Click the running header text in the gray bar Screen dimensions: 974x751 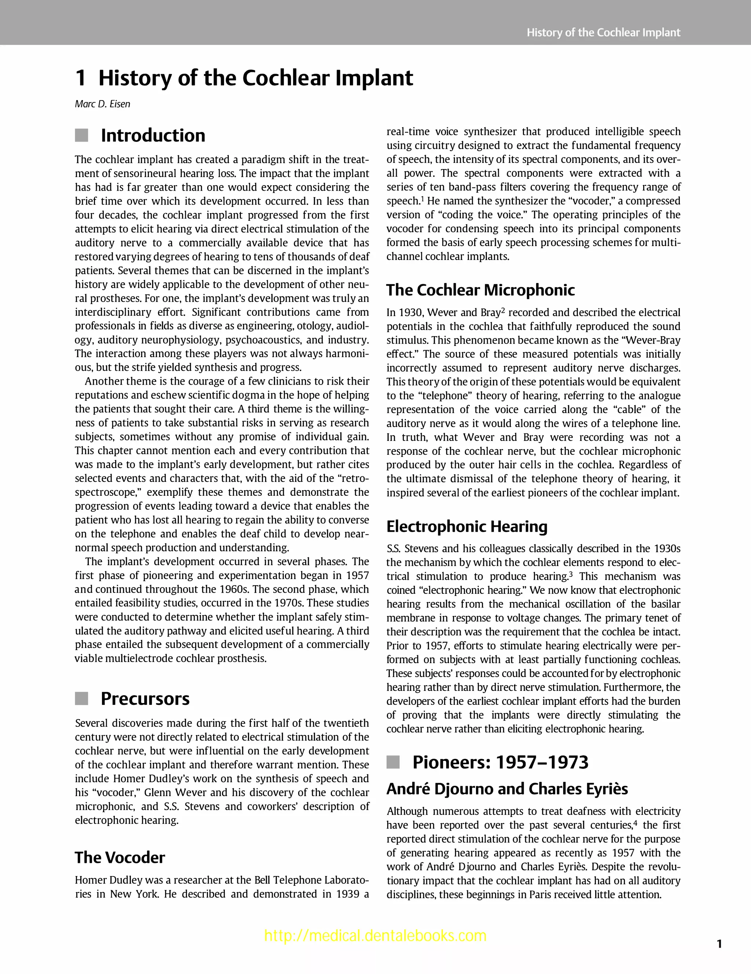[x=603, y=33]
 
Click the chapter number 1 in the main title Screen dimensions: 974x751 [x=80, y=78]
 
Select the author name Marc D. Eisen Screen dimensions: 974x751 [x=103, y=105]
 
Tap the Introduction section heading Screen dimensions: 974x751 [x=153, y=136]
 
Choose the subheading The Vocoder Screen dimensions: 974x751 [x=120, y=858]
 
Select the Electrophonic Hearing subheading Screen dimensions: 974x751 [x=466, y=526]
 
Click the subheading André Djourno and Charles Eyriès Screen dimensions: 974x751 [x=507, y=789]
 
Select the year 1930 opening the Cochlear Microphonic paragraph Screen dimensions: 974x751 [x=409, y=312]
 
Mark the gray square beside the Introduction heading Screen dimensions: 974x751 [x=82, y=136]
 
